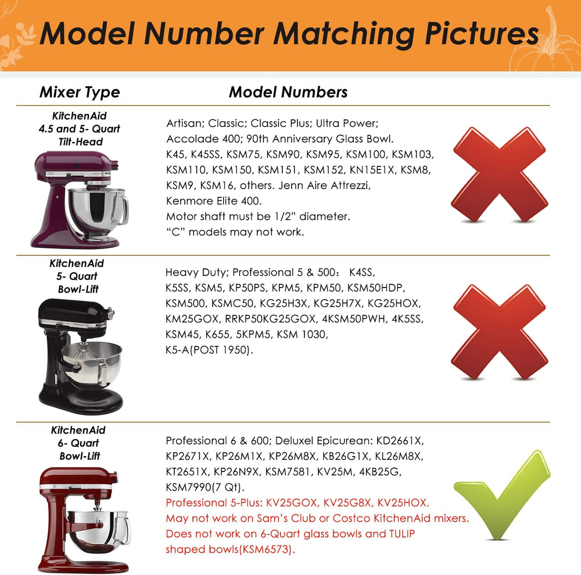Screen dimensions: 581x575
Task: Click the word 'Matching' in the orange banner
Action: click(x=344, y=34)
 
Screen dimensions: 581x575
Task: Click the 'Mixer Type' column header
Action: click(x=80, y=92)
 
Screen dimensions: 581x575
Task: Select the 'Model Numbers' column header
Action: click(x=288, y=92)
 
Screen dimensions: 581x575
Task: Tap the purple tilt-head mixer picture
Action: click(x=79, y=199)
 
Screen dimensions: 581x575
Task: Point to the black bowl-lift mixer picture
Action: click(x=80, y=357)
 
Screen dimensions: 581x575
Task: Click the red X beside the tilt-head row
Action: click(x=499, y=174)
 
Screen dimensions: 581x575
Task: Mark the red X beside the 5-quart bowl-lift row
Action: click(x=499, y=332)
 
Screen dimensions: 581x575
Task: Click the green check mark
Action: click(x=502, y=495)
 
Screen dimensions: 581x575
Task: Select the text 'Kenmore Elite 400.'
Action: click(x=214, y=201)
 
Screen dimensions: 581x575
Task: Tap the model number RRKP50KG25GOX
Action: click(x=271, y=319)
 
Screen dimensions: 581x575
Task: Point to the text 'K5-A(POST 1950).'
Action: click(x=209, y=350)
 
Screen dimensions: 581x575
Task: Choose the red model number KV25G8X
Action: click(x=347, y=503)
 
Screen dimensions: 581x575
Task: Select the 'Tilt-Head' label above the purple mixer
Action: click(x=80, y=142)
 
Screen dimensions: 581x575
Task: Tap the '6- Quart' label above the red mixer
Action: click(x=78, y=443)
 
